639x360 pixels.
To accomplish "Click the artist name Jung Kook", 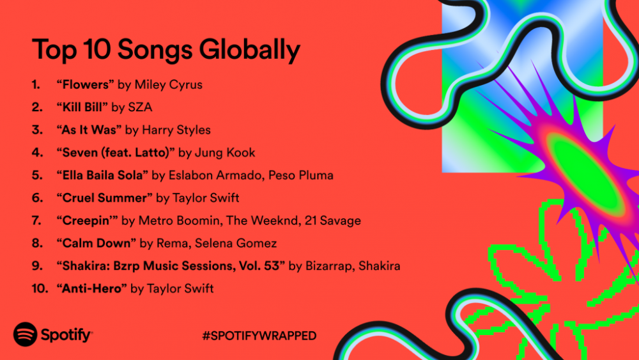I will coord(226,152).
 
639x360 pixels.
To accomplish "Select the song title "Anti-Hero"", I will coord(91,288).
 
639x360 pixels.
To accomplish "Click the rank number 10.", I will coord(40,288).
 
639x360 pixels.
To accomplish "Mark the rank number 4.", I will coord(36,152).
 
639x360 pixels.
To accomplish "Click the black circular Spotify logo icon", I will coord(25,334).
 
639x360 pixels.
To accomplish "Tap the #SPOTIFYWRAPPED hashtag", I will coord(258,336).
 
